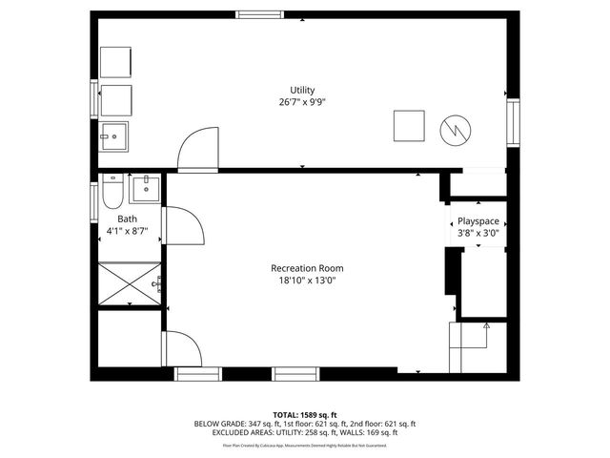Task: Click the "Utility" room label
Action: click(302, 90)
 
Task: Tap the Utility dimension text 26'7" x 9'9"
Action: click(302, 101)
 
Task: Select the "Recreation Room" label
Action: click(305, 268)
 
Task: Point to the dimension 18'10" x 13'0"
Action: click(305, 281)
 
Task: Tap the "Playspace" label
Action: click(478, 220)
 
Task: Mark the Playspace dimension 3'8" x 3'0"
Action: click(478, 232)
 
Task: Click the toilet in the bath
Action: click(112, 192)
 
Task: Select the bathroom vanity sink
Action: click(146, 189)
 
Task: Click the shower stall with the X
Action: click(131, 283)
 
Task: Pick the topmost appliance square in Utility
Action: click(116, 61)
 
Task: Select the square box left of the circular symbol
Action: click(410, 126)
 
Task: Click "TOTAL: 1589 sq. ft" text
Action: click(305, 414)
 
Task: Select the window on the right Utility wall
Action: click(513, 120)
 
